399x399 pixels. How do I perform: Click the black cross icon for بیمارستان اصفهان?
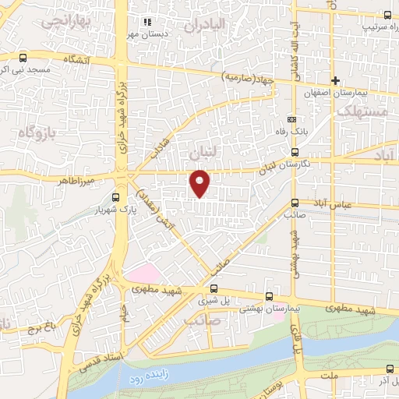pos(335,80)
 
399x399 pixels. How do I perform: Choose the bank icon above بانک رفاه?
pos(291,120)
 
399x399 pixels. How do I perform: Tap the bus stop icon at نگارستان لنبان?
pos(294,153)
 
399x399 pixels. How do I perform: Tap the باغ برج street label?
pos(27,327)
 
